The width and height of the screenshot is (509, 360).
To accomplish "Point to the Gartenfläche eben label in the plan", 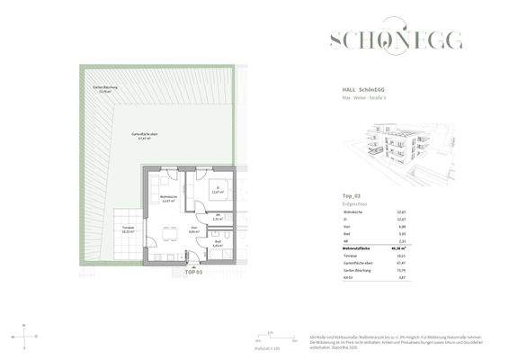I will (136, 136).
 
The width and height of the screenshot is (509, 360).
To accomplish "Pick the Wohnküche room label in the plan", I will (169, 199).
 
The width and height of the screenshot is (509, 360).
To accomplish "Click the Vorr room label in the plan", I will (192, 230).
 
